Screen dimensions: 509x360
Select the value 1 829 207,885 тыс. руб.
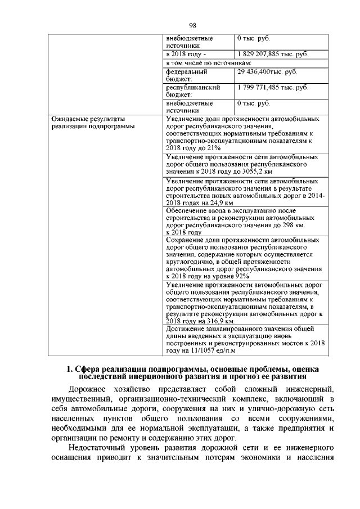272,54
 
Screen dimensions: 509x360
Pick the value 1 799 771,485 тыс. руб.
272,88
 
